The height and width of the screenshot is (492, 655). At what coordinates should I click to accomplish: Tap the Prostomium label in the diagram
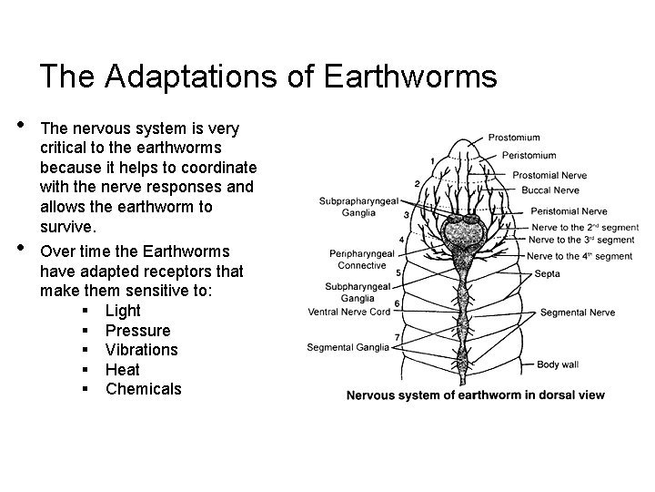pyautogui.click(x=514, y=138)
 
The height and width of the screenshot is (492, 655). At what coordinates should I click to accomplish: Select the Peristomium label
pyautogui.click(x=529, y=155)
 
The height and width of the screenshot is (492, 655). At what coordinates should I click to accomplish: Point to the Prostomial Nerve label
pyautogui.click(x=549, y=175)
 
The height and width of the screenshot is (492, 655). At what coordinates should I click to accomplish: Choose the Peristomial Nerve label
pyautogui.click(x=569, y=211)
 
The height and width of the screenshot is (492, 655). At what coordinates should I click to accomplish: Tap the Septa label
pyautogui.click(x=549, y=272)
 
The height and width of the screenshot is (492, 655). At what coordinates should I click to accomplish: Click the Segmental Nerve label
pyautogui.click(x=577, y=313)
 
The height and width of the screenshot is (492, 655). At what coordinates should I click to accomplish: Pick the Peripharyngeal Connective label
pyautogui.click(x=362, y=259)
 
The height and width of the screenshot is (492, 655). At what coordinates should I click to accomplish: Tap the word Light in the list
pyautogui.click(x=123, y=311)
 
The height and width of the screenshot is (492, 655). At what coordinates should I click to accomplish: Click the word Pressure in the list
pyautogui.click(x=137, y=330)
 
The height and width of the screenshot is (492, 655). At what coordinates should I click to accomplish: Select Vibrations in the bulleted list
pyautogui.click(x=141, y=350)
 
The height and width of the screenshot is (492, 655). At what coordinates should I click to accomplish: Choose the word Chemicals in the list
pyautogui.click(x=143, y=389)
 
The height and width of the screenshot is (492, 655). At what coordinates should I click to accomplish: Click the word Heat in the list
pyautogui.click(x=122, y=369)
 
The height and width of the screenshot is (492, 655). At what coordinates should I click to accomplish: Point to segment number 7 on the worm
pyautogui.click(x=398, y=338)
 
